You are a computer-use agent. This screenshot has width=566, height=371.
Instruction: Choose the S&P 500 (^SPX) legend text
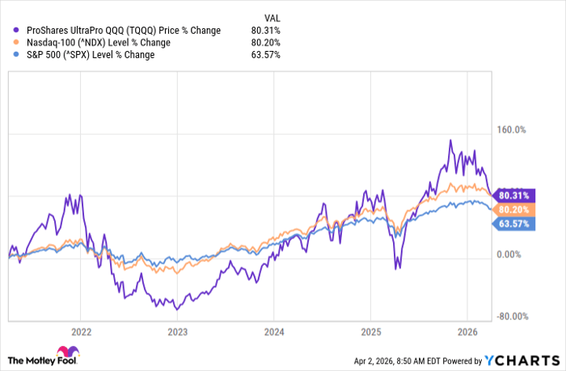coord(90,55)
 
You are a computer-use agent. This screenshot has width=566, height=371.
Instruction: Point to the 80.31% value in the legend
coord(268,31)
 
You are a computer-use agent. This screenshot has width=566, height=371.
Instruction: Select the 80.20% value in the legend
coord(268,43)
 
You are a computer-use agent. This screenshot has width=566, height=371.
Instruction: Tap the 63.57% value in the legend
coord(268,55)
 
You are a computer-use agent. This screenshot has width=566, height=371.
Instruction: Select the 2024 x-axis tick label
coord(273,331)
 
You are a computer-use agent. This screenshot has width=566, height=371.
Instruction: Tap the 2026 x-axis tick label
coord(467,331)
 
